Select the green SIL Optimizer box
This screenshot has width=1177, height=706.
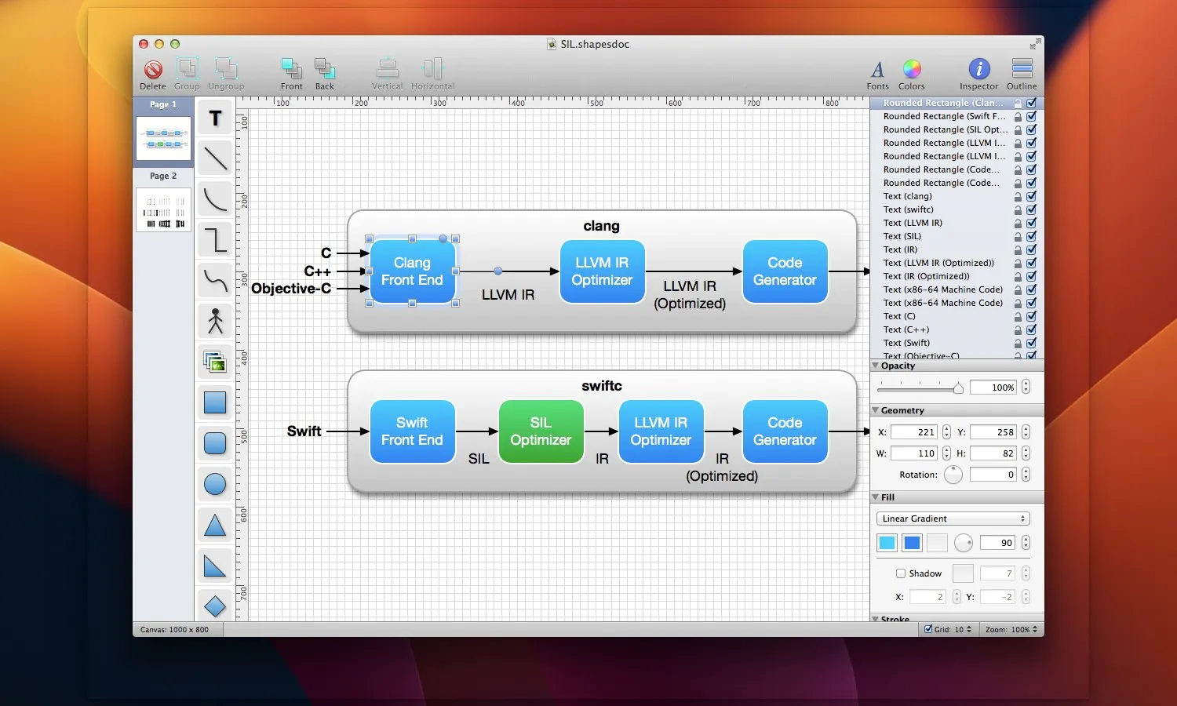[541, 431]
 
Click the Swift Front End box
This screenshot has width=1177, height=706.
[412, 431]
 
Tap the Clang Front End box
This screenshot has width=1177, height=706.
[412, 271]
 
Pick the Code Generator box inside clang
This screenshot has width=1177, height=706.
[785, 271]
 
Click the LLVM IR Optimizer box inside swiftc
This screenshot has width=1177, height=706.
[661, 431]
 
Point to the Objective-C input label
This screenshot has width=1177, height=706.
[291, 289]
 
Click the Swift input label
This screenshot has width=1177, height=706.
[304, 431]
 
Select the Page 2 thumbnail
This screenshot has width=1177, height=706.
[163, 209]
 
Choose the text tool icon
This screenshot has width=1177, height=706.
[215, 118]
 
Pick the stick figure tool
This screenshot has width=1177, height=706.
[215, 321]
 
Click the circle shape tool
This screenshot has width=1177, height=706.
[215, 484]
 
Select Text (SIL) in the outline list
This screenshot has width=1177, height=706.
[902, 236]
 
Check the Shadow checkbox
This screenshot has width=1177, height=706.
[901, 573]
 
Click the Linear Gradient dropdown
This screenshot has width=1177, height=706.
[953, 519]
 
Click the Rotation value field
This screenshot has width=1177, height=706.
[993, 475]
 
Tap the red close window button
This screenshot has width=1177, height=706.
[143, 44]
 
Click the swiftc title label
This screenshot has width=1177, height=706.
[602, 386]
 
